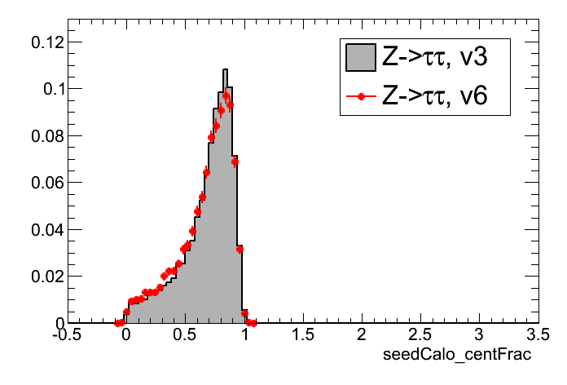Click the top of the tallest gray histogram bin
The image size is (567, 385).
[x=226, y=69]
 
